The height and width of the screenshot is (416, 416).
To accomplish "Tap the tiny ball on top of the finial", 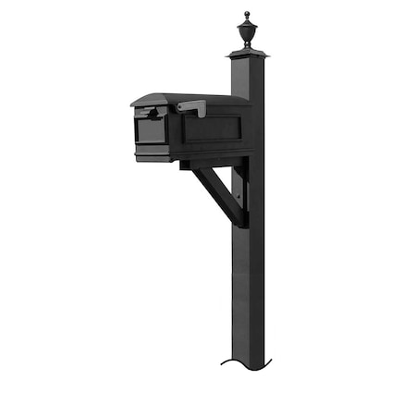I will [246, 14].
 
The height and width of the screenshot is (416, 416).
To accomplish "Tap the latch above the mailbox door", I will [148, 114].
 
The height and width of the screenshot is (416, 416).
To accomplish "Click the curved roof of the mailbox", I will [185, 98].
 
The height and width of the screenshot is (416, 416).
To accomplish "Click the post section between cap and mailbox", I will [246, 79].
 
